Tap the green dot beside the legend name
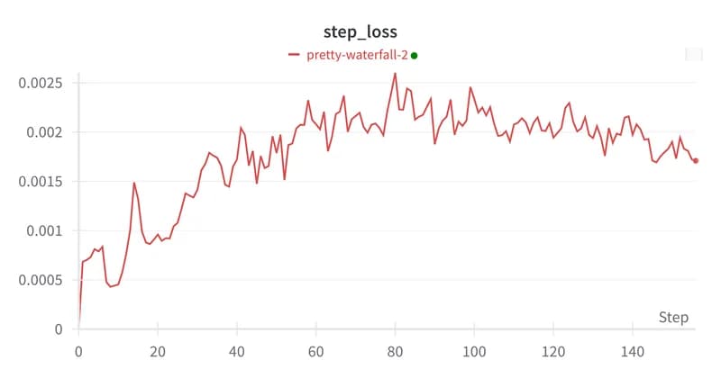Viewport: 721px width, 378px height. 415,55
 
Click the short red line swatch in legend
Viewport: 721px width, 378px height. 294,55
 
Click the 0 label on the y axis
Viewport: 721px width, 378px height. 59,329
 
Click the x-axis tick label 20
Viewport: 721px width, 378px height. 159,351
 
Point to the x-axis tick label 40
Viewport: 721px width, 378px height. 237,351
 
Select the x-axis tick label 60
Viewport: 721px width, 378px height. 316,351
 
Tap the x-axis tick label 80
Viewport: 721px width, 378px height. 395,351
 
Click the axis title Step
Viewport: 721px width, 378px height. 673,318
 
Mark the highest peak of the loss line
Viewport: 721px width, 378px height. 395,74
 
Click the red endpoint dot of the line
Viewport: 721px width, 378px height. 696,161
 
